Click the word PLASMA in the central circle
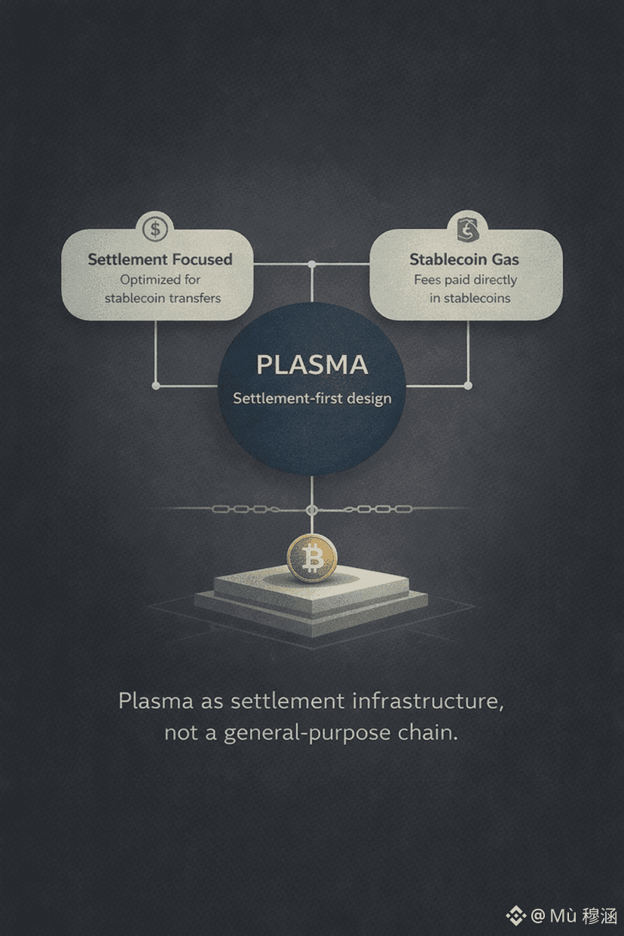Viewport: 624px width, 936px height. pos(312,365)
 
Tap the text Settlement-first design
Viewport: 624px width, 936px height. pos(312,398)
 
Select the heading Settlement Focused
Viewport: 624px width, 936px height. pos(160,259)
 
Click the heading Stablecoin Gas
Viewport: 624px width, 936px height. pos(464,259)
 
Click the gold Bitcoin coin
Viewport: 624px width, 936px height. pos(311,558)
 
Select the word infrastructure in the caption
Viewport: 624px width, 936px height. pos(427,701)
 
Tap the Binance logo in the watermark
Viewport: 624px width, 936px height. pos(515,916)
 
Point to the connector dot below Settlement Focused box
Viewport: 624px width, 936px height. pos(156,386)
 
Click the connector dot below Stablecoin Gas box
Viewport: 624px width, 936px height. pos(468,386)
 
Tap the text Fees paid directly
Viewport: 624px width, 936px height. pos(466,280)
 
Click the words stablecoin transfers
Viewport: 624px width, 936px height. pos(163,298)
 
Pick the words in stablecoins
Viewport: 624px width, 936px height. pos(470,298)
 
